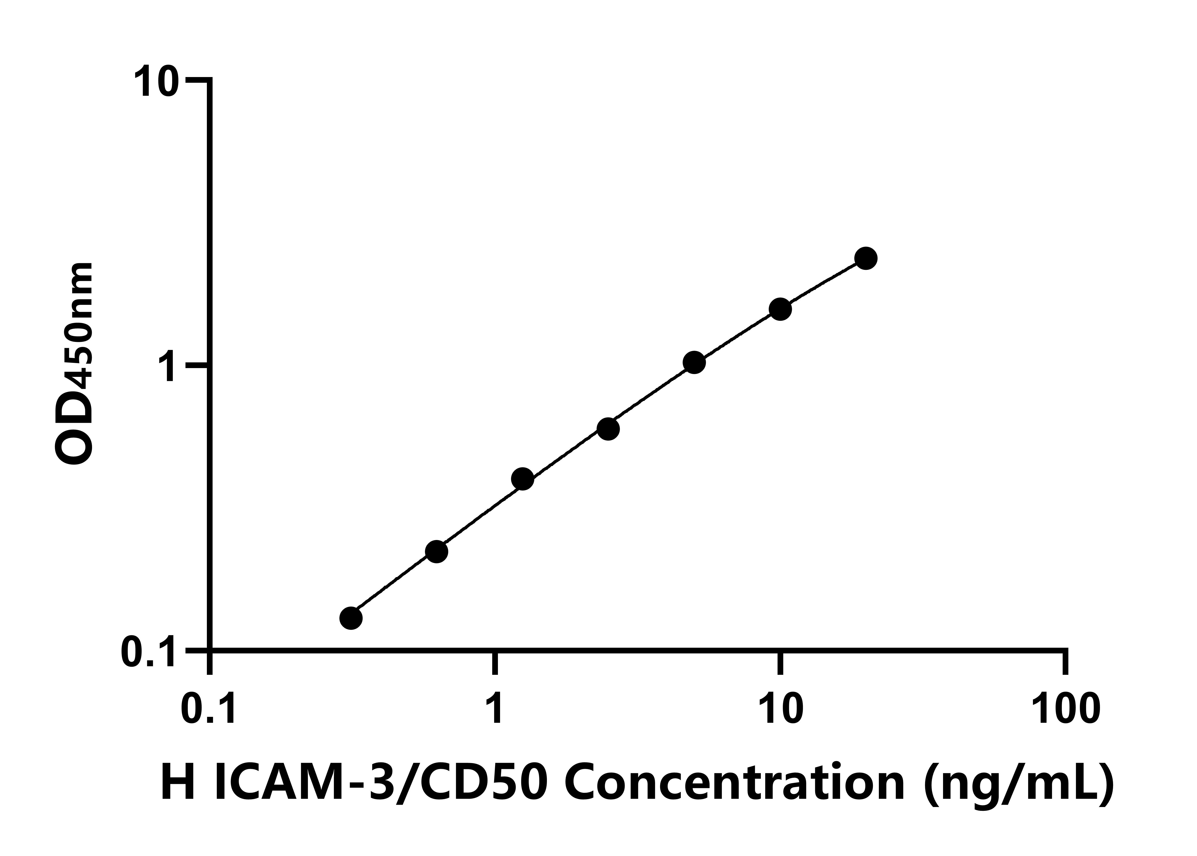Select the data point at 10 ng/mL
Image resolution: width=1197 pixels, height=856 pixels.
780,309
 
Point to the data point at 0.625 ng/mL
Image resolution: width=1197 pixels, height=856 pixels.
436,552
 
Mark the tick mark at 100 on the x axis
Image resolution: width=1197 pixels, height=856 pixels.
1066,663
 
